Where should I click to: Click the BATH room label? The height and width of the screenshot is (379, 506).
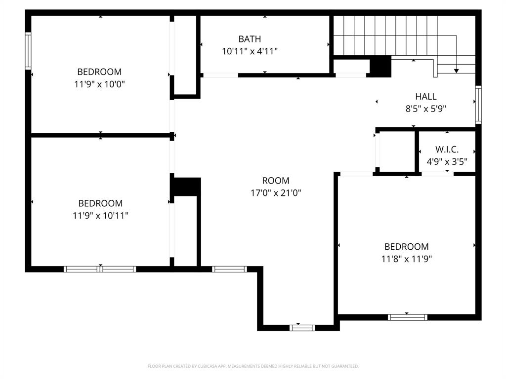coord(250,39)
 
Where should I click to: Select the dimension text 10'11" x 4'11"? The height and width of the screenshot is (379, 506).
coord(250,51)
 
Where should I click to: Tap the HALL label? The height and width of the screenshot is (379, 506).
coord(425,97)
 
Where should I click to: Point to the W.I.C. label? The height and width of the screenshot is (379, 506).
coord(447,149)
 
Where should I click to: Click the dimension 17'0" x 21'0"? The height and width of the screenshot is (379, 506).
coord(276,193)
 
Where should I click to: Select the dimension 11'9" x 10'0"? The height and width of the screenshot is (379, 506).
coord(99,84)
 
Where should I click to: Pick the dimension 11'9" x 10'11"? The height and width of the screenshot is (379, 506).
coord(100,216)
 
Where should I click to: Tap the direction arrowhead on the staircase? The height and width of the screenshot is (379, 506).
coord(456,71)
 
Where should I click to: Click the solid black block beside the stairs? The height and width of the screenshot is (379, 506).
coord(380,67)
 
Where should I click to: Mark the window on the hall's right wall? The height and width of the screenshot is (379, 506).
coord(478,105)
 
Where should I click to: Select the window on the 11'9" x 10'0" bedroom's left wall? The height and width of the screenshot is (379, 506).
coord(28,51)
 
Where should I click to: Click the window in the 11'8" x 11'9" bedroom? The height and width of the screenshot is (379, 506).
coord(408,317)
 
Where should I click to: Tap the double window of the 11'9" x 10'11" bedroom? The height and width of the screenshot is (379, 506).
coord(100,269)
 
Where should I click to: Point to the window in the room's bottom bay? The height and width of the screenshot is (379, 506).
coord(302,327)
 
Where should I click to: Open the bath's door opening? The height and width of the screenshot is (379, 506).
coord(220,75)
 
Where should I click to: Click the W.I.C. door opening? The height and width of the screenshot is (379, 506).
coord(437,174)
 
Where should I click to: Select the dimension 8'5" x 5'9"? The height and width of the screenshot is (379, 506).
coord(425,109)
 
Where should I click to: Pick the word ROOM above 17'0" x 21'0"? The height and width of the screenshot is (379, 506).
coord(276,181)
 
